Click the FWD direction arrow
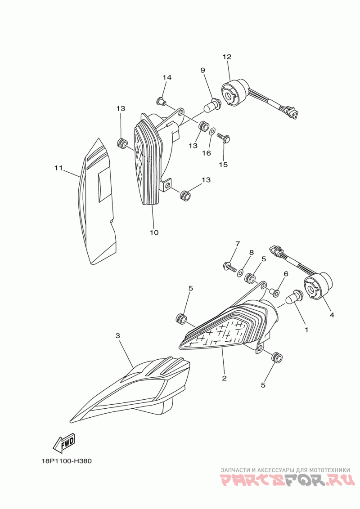point(64,442)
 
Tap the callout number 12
point(227,57)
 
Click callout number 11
point(58,168)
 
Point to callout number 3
point(118,335)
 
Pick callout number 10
point(154,232)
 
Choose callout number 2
point(224,378)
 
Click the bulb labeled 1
point(294,295)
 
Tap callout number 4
point(332,315)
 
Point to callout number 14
point(167,77)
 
